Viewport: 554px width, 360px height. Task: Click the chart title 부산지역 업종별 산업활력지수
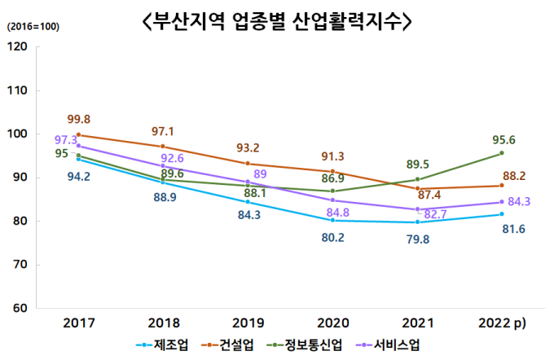point(276,22)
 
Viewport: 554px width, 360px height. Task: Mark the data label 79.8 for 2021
point(416,239)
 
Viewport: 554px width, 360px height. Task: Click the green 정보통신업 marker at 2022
point(502,153)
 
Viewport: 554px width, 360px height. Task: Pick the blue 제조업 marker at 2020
point(332,220)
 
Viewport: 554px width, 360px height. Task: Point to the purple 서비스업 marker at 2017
point(78,146)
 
